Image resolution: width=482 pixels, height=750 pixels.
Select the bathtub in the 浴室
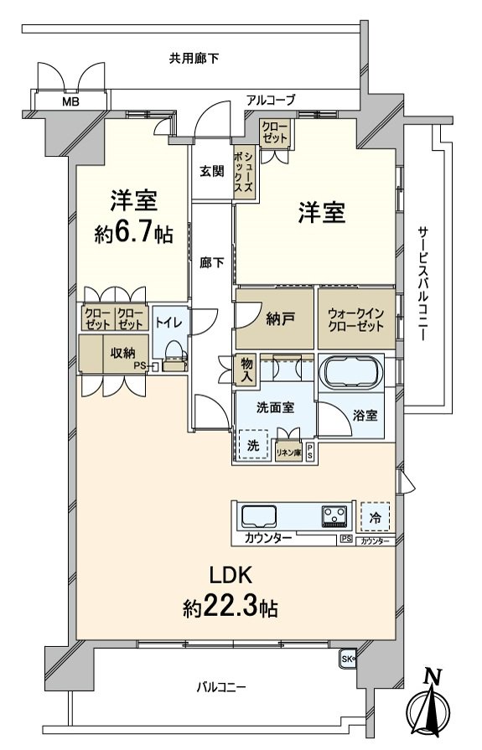(x=350, y=371)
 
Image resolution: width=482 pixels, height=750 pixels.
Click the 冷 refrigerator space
(x=376, y=518)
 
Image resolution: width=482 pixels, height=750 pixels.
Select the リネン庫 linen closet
(x=288, y=453)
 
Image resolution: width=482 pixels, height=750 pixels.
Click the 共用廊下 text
(x=194, y=59)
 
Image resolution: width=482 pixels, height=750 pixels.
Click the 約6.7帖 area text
(x=134, y=234)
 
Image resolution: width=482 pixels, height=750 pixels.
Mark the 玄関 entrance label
(x=211, y=171)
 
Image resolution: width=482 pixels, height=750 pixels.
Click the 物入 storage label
(x=246, y=370)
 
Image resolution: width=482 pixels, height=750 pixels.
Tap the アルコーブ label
(x=270, y=100)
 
